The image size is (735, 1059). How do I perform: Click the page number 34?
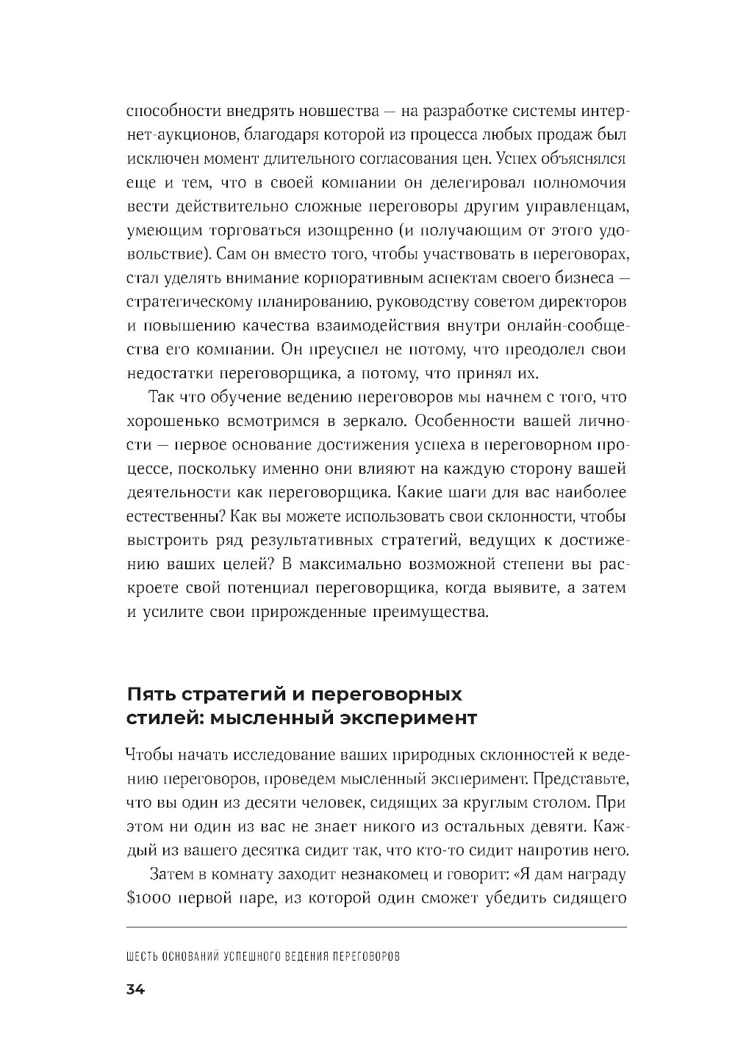pyautogui.click(x=136, y=989)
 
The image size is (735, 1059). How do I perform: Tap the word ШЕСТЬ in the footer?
pyautogui.click(x=143, y=958)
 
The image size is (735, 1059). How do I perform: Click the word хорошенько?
pyautogui.click(x=171, y=422)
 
